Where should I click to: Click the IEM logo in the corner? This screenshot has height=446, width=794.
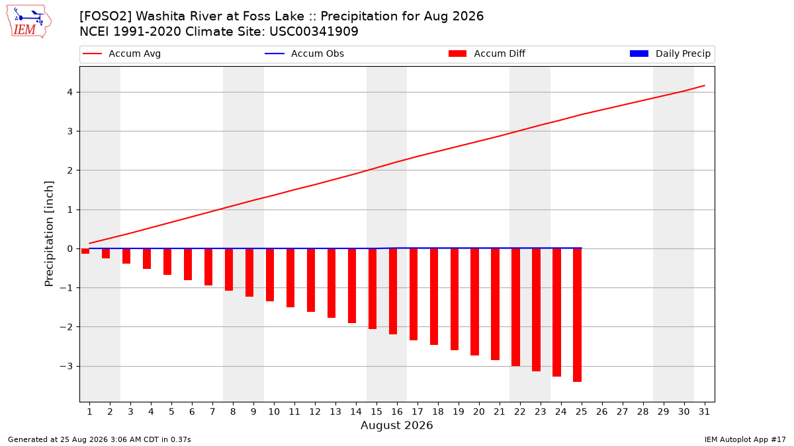pyautogui.click(x=29, y=22)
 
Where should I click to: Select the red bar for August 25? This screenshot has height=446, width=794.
pyautogui.click(x=577, y=315)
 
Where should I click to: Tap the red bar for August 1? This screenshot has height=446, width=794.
pyautogui.click(x=85, y=251)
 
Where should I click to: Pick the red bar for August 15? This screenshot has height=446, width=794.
pyautogui.click(x=372, y=289)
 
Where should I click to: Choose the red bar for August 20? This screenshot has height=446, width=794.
pyautogui.click(x=474, y=302)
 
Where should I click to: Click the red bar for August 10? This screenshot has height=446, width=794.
pyautogui.click(x=270, y=275)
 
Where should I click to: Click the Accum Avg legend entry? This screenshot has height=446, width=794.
pyautogui.click(x=122, y=54)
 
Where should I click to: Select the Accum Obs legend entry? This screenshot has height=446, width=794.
pyautogui.click(x=304, y=54)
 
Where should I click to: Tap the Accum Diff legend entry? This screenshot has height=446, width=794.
pyautogui.click(x=487, y=54)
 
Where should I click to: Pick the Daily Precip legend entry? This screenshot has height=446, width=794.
pyautogui.click(x=670, y=54)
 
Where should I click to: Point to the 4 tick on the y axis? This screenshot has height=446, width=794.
pyautogui.click(x=70, y=92)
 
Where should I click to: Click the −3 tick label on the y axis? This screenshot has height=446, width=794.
pyautogui.click(x=66, y=366)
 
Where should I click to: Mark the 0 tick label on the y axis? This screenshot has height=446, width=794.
pyautogui.click(x=70, y=249)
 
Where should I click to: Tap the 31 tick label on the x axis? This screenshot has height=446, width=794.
pyautogui.click(x=704, y=412)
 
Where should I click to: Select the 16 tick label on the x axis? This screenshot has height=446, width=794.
pyautogui.click(x=396, y=412)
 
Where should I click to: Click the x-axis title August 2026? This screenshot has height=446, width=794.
pyautogui.click(x=396, y=425)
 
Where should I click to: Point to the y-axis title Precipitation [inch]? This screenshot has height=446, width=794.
pyautogui.click(x=49, y=234)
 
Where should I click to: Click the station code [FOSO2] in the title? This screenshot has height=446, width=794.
pyautogui.click(x=105, y=17)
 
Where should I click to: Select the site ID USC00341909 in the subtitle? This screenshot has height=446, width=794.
pyautogui.click(x=314, y=32)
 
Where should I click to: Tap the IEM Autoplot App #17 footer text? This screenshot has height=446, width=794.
pyautogui.click(x=745, y=439)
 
